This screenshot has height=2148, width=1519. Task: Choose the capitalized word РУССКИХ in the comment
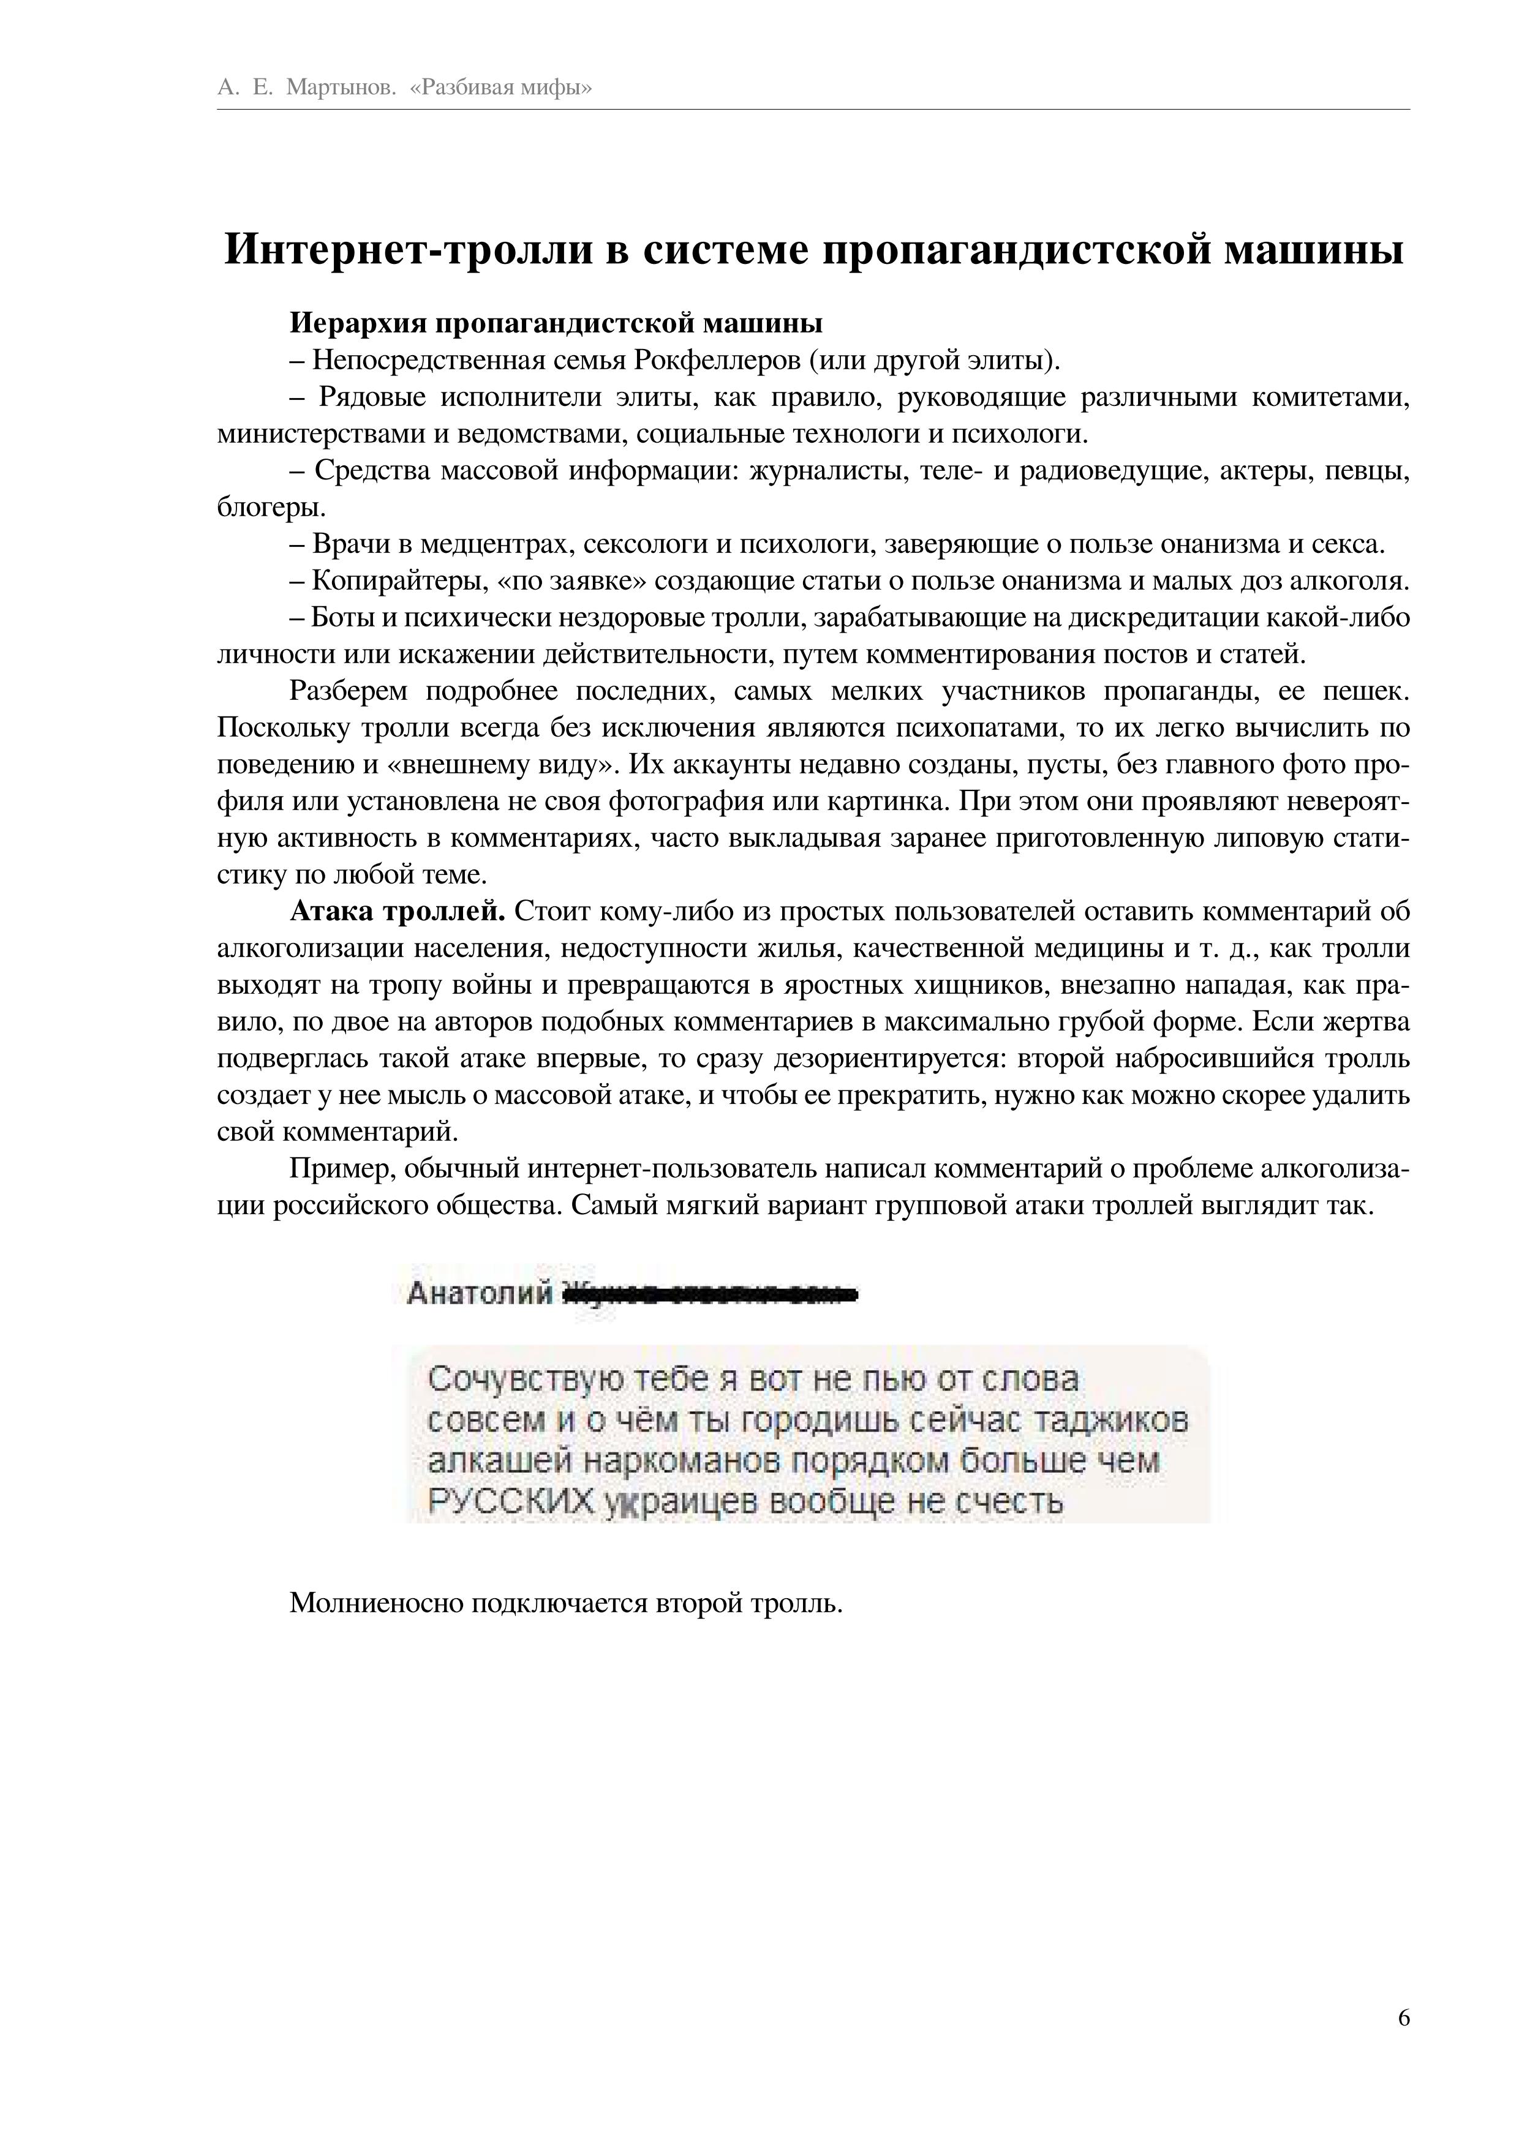(x=511, y=1503)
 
